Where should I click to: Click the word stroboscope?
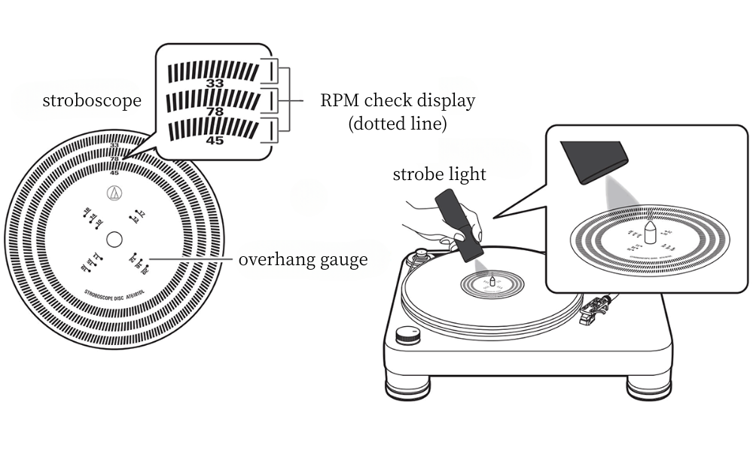pos(92,100)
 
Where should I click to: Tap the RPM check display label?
pos(398,100)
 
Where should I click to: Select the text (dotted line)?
pos(398,124)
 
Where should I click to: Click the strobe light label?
pos(440,175)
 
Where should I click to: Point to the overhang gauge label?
pos(303,260)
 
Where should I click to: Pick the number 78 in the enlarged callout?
pos(215,112)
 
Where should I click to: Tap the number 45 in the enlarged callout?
pos(215,140)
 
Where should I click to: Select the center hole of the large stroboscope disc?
pos(114,240)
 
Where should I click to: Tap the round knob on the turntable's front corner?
pos(408,334)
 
